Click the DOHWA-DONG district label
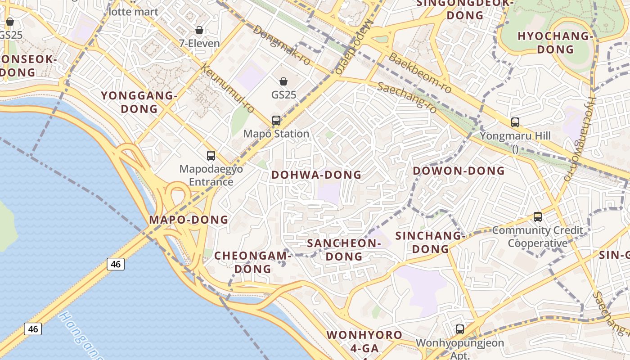click(316, 175)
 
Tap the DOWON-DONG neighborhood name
click(459, 171)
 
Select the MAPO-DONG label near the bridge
click(189, 220)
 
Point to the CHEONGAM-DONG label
click(252, 262)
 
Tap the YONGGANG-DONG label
click(139, 102)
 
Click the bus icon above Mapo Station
click(276, 121)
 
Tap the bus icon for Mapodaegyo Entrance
click(211, 156)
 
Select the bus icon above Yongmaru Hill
click(515, 122)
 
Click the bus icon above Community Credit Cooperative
click(537, 216)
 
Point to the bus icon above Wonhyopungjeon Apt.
click(459, 329)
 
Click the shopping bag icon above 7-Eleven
click(199, 30)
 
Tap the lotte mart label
click(134, 12)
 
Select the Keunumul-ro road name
click(227, 89)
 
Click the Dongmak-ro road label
click(282, 45)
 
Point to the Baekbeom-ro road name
click(419, 73)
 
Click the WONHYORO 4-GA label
click(364, 342)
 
